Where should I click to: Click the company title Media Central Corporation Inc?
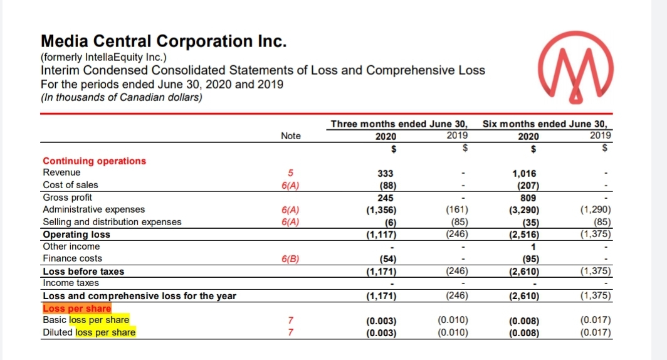click(x=164, y=41)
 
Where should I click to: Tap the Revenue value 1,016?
click(x=524, y=173)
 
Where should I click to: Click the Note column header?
click(x=291, y=136)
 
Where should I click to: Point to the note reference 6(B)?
click(x=291, y=258)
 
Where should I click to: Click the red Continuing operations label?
click(x=94, y=161)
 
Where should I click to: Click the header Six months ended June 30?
click(x=547, y=124)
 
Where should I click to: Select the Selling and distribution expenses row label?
click(x=112, y=221)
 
